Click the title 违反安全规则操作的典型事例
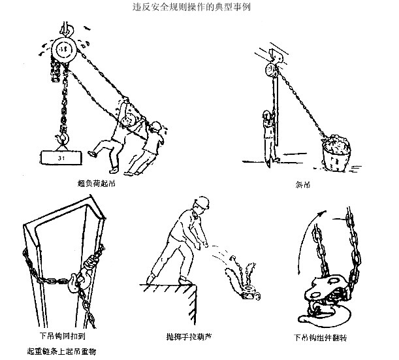(191, 7)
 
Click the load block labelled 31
(61, 158)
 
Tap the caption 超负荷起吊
(96, 183)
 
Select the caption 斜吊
(303, 184)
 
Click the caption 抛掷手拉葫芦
(189, 337)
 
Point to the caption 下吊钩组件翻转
(320, 338)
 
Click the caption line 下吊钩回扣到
(62, 336)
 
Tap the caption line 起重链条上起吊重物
(61, 352)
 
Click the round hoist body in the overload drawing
(63, 50)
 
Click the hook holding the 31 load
(63, 137)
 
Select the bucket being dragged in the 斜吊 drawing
(336, 154)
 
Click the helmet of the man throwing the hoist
(202, 202)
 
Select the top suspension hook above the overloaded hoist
(67, 29)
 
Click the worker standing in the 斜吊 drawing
(270, 138)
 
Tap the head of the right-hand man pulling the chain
(155, 127)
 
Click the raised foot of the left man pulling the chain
(92, 154)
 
